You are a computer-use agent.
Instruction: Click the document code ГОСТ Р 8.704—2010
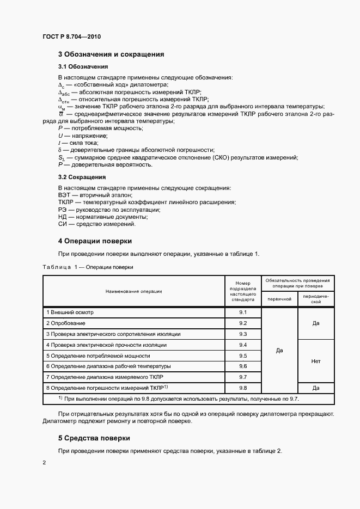[71, 36]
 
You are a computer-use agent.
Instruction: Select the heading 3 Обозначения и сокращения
[111, 54]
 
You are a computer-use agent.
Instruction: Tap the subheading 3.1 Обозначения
[83, 66]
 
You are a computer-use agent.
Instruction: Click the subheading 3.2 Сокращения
[82, 177]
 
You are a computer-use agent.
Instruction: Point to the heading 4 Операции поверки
[95, 241]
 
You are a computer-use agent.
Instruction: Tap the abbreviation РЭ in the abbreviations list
[62, 210]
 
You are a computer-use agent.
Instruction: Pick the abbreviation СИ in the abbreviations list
[62, 224]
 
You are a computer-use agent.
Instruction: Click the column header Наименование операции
[133, 291]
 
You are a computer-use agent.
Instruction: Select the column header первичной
[279, 299]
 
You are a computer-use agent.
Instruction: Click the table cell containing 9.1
[243, 312]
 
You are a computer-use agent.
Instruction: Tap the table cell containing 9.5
[243, 355]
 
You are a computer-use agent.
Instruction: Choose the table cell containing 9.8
[243, 388]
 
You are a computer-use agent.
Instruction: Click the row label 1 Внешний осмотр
[70, 312]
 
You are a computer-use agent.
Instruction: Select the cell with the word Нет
[315, 361]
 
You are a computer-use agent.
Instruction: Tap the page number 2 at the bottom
[44, 463]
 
